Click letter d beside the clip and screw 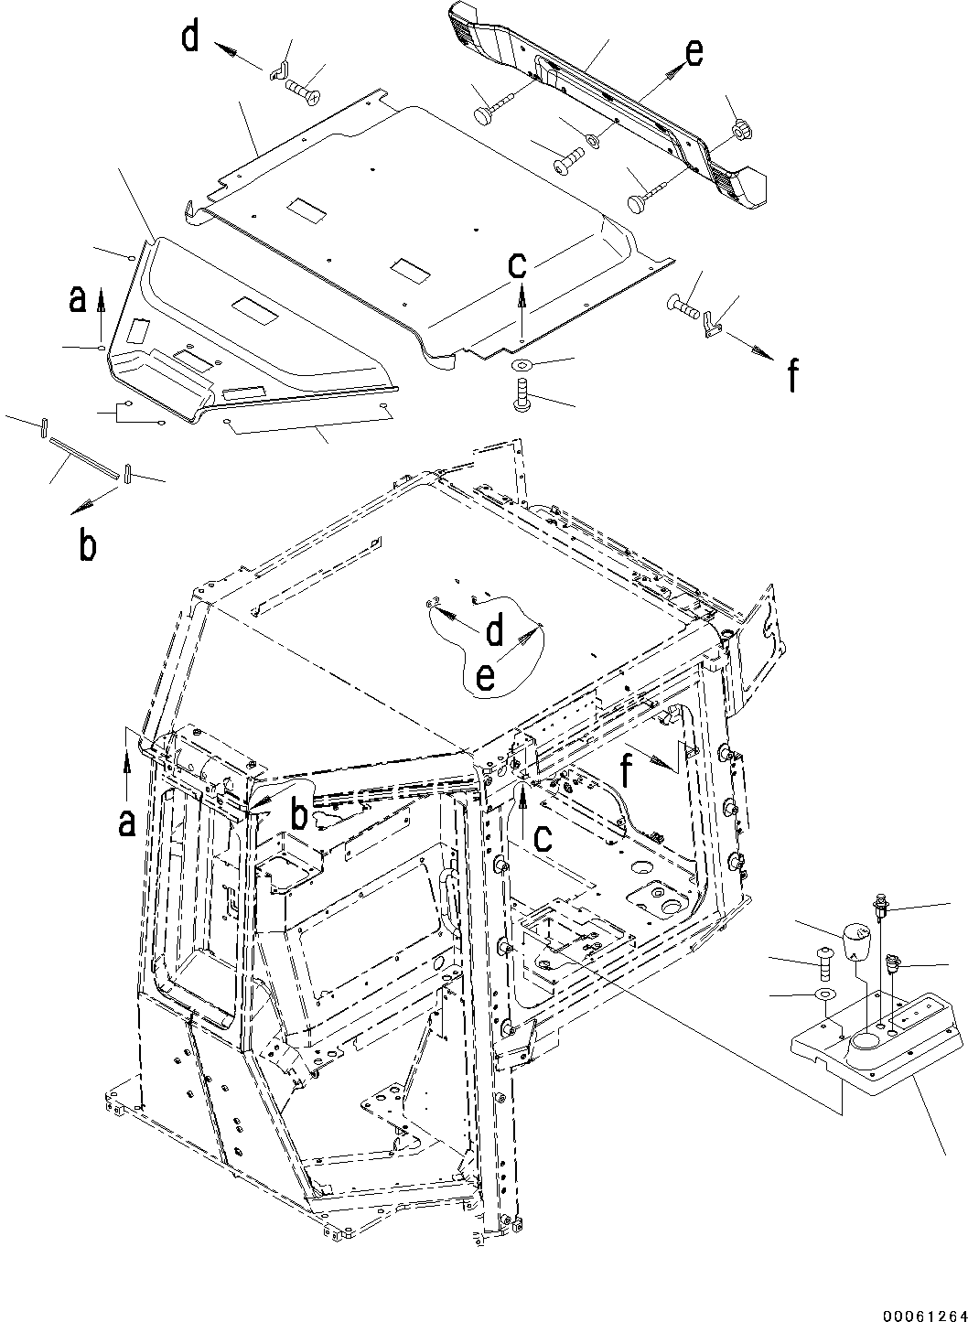(x=190, y=40)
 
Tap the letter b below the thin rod (x=87, y=545)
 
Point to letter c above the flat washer (x=518, y=265)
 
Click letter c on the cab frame (x=543, y=837)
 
